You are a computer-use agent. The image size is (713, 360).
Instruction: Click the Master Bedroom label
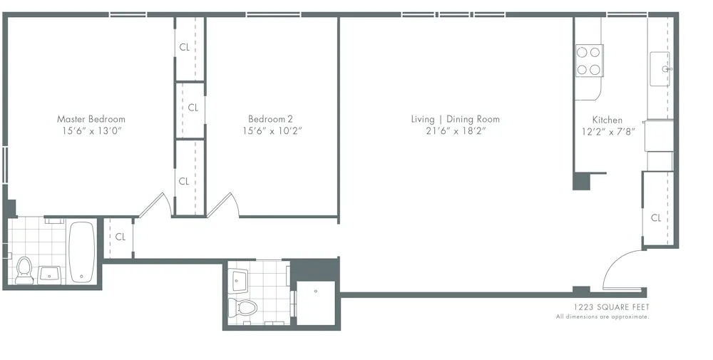pyautogui.click(x=91, y=119)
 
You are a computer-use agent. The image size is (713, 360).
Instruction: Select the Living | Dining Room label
pyautogui.click(x=455, y=119)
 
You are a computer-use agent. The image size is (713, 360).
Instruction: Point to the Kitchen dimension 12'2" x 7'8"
pyautogui.click(x=607, y=132)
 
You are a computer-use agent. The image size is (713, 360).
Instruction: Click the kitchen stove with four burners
pyautogui.click(x=589, y=61)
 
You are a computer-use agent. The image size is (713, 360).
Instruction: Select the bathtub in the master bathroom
pyautogui.click(x=81, y=252)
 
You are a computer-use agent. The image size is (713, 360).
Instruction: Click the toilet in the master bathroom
pyautogui.click(x=24, y=270)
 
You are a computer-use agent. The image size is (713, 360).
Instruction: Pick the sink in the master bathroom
pyautogui.click(x=49, y=273)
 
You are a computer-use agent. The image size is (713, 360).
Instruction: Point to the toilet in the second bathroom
pyautogui.click(x=242, y=307)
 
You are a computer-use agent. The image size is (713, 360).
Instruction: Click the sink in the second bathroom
pyautogui.click(x=240, y=279)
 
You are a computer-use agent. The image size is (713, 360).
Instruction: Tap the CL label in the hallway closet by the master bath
pyautogui.click(x=120, y=237)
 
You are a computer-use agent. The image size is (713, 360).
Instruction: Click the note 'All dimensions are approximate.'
pyautogui.click(x=602, y=317)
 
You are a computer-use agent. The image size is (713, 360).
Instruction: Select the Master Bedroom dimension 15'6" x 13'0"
pyautogui.click(x=91, y=131)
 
